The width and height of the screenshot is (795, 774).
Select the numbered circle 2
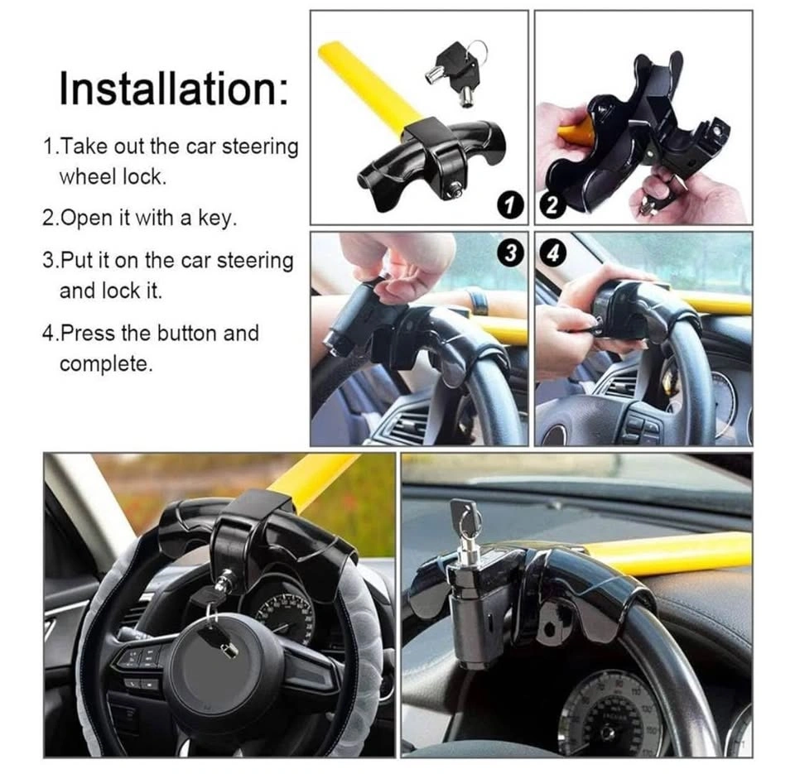tap(552, 205)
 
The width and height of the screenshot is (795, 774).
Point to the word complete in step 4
tap(105, 364)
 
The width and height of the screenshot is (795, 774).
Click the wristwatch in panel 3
tap(478, 300)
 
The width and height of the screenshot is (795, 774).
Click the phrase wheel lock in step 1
tap(113, 177)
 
